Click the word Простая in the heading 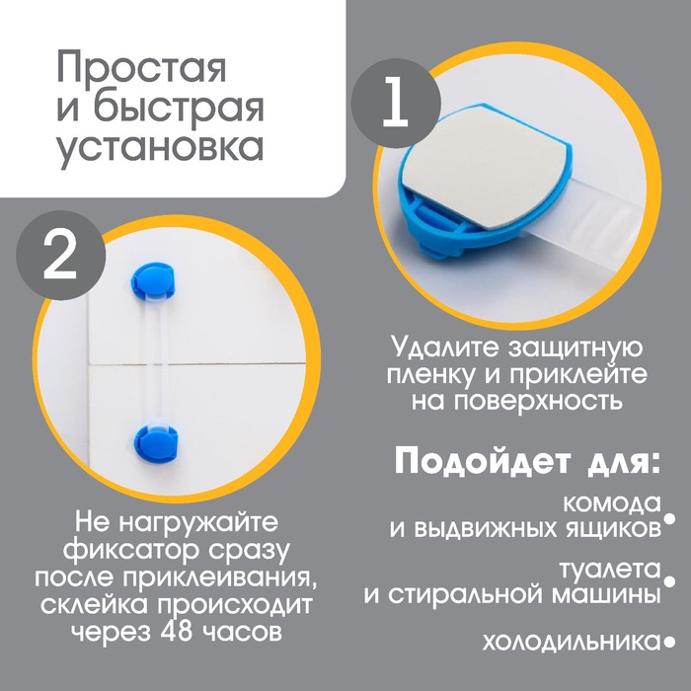tap(141, 68)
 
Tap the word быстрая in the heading tap(179, 107)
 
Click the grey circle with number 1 tap(396, 104)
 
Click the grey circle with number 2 tap(61, 256)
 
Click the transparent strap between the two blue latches tap(155, 361)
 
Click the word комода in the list tap(612, 502)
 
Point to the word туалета tap(610, 569)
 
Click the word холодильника tap(572, 642)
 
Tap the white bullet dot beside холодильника tap(669, 642)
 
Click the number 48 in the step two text tap(177, 633)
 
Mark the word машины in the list tap(606, 595)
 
